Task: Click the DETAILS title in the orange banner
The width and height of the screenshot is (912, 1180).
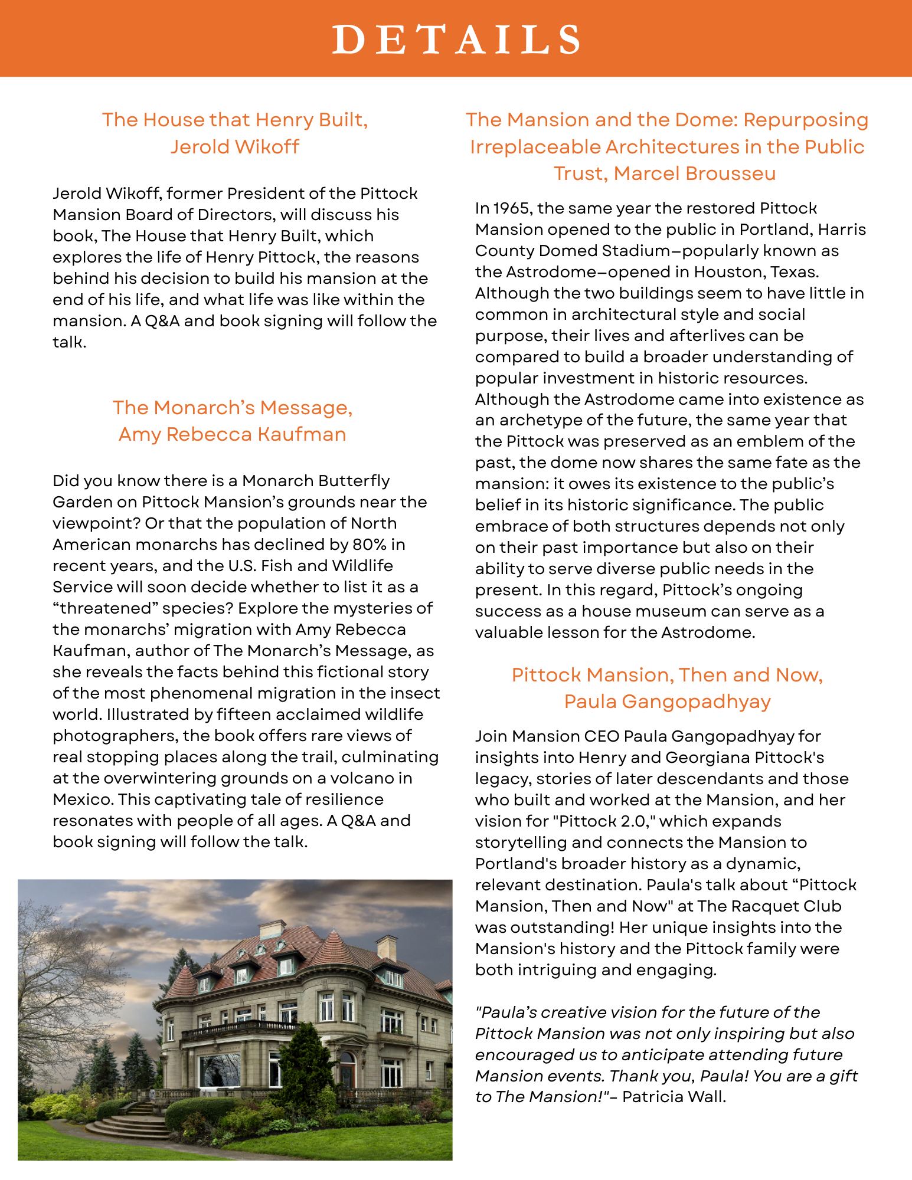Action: coord(456,40)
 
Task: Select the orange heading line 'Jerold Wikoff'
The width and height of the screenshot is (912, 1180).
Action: coord(235,146)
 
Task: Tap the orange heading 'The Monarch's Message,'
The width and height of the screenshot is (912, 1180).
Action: coord(233,408)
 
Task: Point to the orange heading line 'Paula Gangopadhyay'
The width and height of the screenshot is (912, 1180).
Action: coord(667,702)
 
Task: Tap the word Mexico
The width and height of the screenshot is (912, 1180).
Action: coord(82,799)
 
